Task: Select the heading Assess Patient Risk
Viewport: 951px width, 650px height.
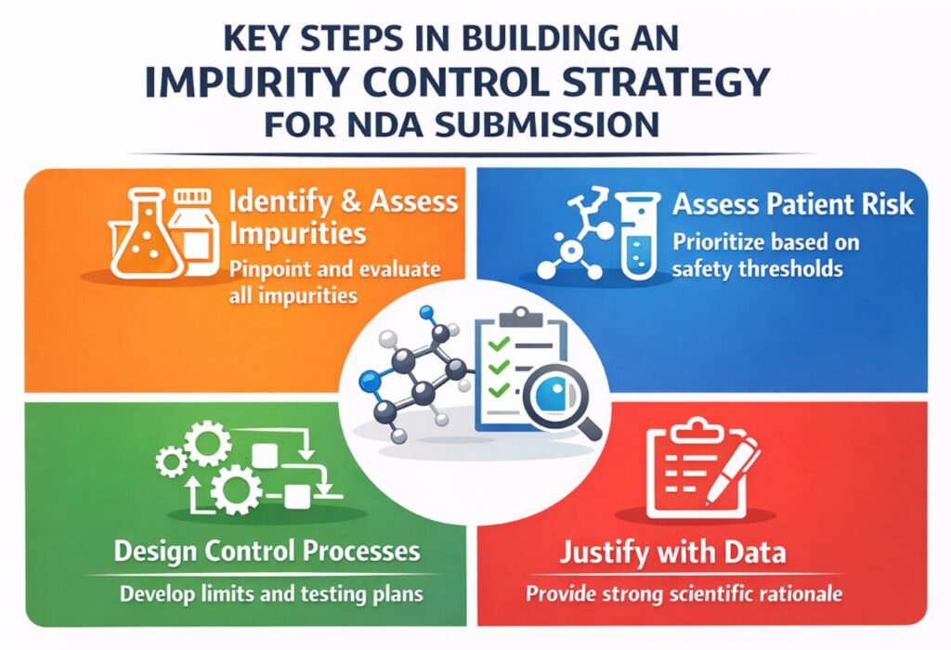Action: (x=793, y=204)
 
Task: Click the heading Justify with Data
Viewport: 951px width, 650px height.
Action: (x=672, y=552)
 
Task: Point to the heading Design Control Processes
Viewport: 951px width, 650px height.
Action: (x=267, y=552)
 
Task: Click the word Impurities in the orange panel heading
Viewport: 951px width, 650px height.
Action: (x=298, y=233)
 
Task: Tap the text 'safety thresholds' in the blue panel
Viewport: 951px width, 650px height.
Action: (x=758, y=268)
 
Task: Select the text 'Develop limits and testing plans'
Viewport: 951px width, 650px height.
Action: (x=271, y=593)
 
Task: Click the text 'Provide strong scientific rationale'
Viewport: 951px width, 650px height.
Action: (x=684, y=593)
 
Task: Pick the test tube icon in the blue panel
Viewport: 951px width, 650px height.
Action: (x=637, y=236)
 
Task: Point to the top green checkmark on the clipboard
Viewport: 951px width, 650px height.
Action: (x=499, y=345)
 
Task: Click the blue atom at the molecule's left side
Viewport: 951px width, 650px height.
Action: (x=368, y=380)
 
